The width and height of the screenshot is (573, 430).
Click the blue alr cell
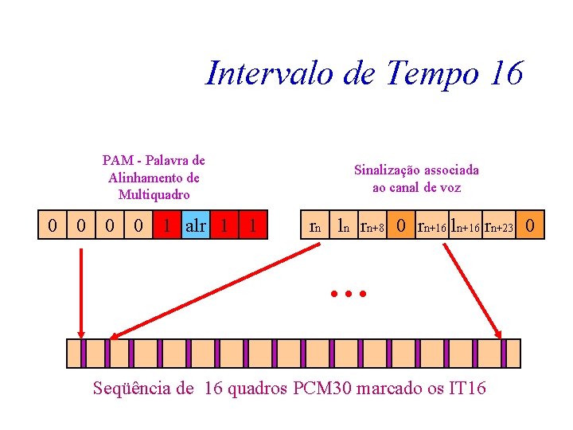click(x=195, y=225)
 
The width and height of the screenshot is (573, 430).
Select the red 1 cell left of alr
click(x=166, y=225)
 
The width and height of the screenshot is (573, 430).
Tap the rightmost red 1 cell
click(x=252, y=225)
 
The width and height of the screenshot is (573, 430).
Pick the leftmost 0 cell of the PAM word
click(x=53, y=225)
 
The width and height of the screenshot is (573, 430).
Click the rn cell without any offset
click(x=314, y=226)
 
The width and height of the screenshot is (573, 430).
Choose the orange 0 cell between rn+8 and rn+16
click(x=402, y=225)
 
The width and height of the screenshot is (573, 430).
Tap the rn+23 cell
click(x=501, y=226)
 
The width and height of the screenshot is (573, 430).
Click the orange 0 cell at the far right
click(x=531, y=225)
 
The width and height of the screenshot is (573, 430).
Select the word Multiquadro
click(x=154, y=194)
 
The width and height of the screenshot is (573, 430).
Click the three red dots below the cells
click(x=348, y=294)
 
